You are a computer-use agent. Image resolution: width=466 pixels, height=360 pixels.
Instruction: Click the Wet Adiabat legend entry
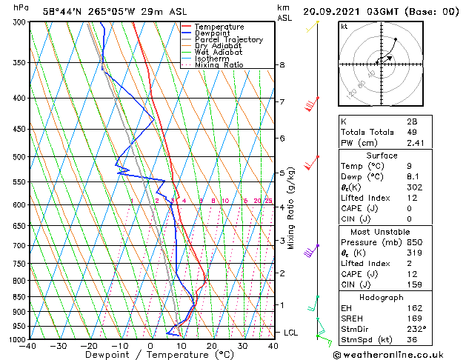tap(219, 53)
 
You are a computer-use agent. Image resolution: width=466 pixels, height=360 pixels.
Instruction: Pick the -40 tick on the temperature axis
tap(28, 346)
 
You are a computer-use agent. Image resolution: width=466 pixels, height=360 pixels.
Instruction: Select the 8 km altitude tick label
tap(282, 65)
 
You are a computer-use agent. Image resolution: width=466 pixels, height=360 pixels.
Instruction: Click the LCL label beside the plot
tap(290, 333)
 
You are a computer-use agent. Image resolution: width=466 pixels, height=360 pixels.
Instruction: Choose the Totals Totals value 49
tap(412, 133)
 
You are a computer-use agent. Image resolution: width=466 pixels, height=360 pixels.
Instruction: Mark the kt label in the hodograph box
tap(344, 27)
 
